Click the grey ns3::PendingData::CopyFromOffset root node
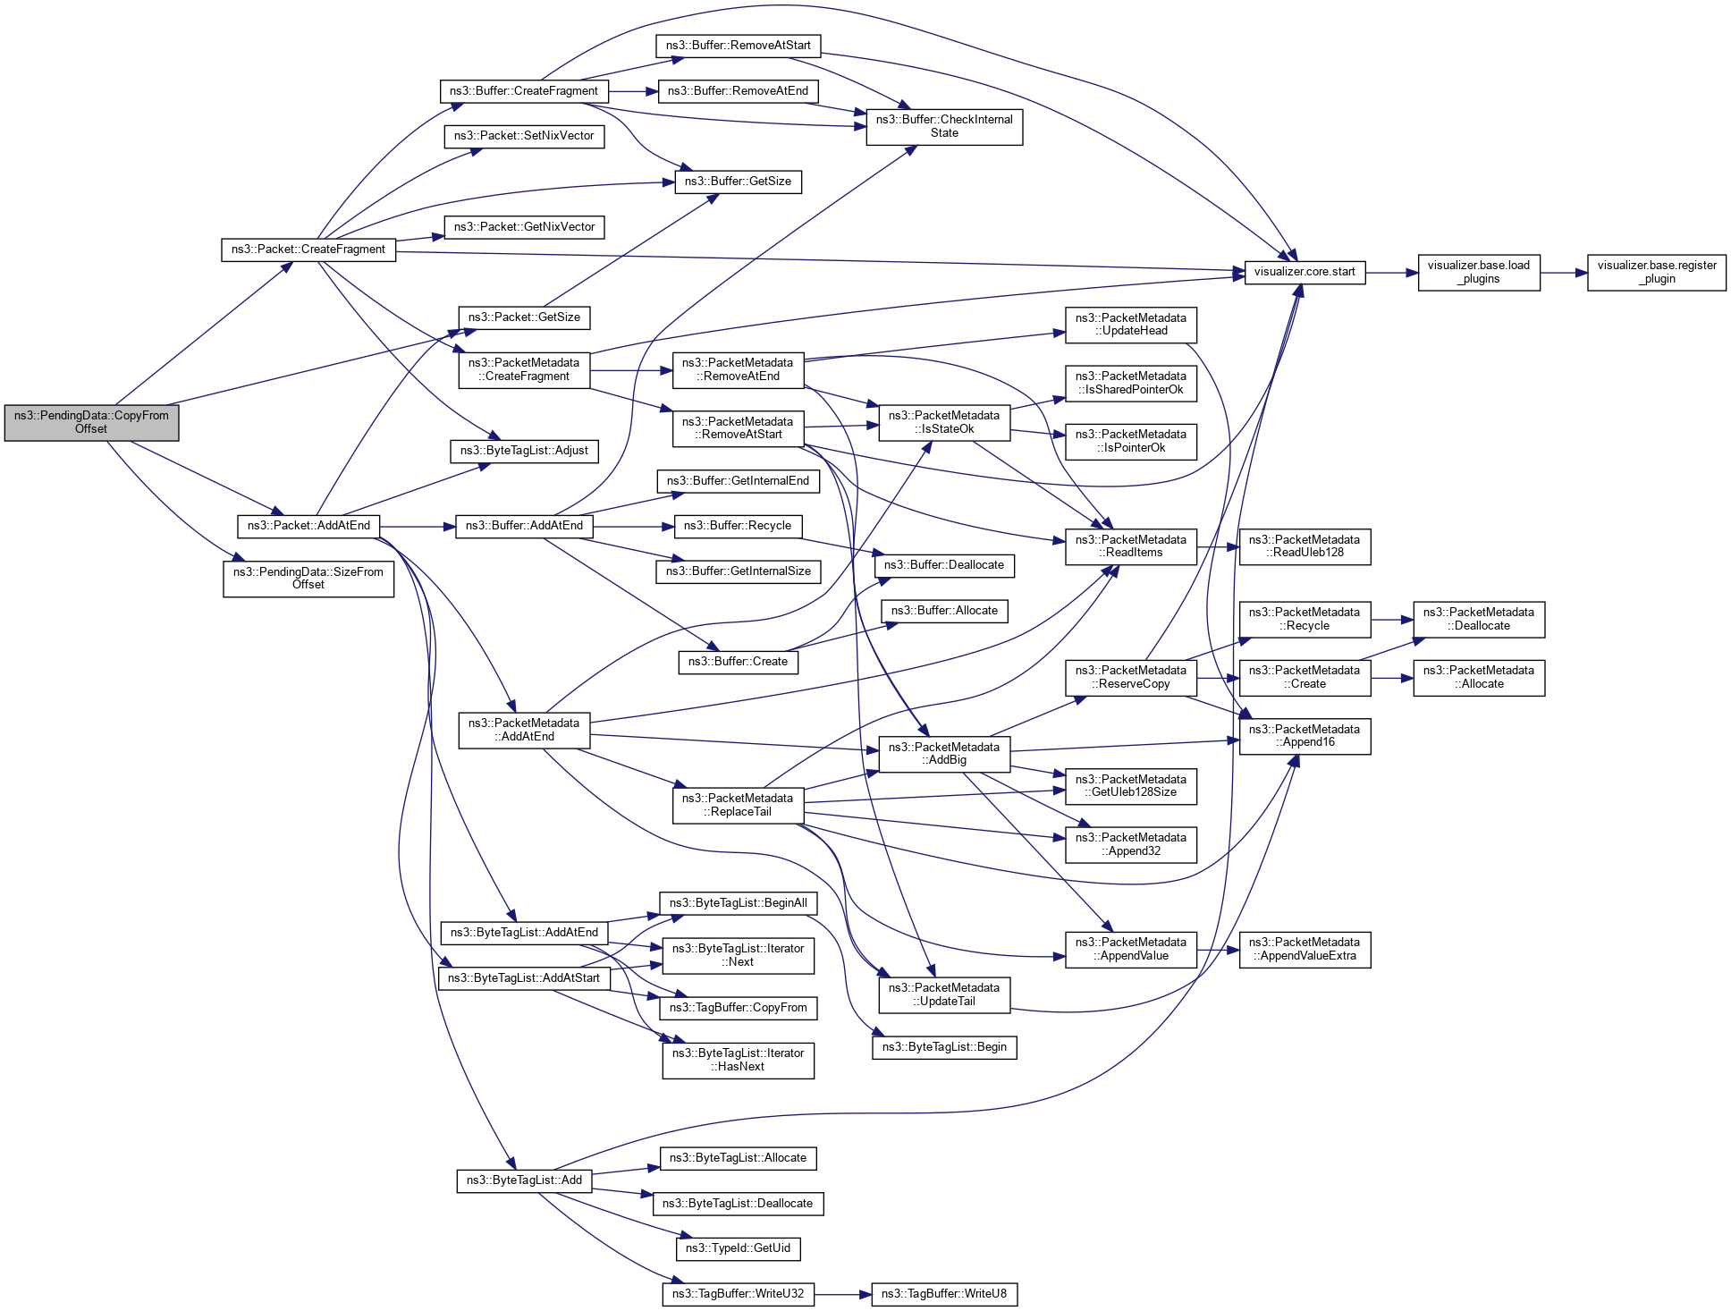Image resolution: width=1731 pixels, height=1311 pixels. coord(91,422)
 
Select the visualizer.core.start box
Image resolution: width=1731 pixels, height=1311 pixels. coord(1305,272)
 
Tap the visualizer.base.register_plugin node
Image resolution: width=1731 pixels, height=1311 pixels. coord(1656,272)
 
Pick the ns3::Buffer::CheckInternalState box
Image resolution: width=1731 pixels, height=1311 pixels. coord(944,126)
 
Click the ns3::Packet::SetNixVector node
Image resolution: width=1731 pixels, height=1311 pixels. coord(524,136)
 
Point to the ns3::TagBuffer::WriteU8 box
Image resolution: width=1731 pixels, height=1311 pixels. coord(944,1294)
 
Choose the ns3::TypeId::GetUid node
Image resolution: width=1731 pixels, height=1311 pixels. coord(738,1248)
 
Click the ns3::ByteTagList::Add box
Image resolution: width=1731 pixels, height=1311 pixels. coord(524,1180)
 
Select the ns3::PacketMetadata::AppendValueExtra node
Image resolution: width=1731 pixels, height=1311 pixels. coord(1305,949)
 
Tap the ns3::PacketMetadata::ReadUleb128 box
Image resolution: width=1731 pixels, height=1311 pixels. coord(1305,546)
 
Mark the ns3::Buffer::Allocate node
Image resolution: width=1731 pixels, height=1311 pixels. coord(944,611)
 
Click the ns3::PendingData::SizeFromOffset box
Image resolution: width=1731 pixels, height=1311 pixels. coord(308,579)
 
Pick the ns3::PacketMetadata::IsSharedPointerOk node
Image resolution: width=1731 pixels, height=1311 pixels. coord(1130,383)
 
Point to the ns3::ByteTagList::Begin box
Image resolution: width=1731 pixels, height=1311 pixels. coord(944,1047)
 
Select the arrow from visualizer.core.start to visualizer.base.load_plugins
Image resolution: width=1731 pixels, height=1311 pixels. coord(1391,272)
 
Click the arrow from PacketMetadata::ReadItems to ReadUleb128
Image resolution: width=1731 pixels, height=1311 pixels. coord(1218,546)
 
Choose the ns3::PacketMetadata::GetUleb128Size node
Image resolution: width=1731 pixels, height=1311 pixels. coord(1130,786)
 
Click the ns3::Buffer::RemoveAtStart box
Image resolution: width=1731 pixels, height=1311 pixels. coord(738,46)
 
